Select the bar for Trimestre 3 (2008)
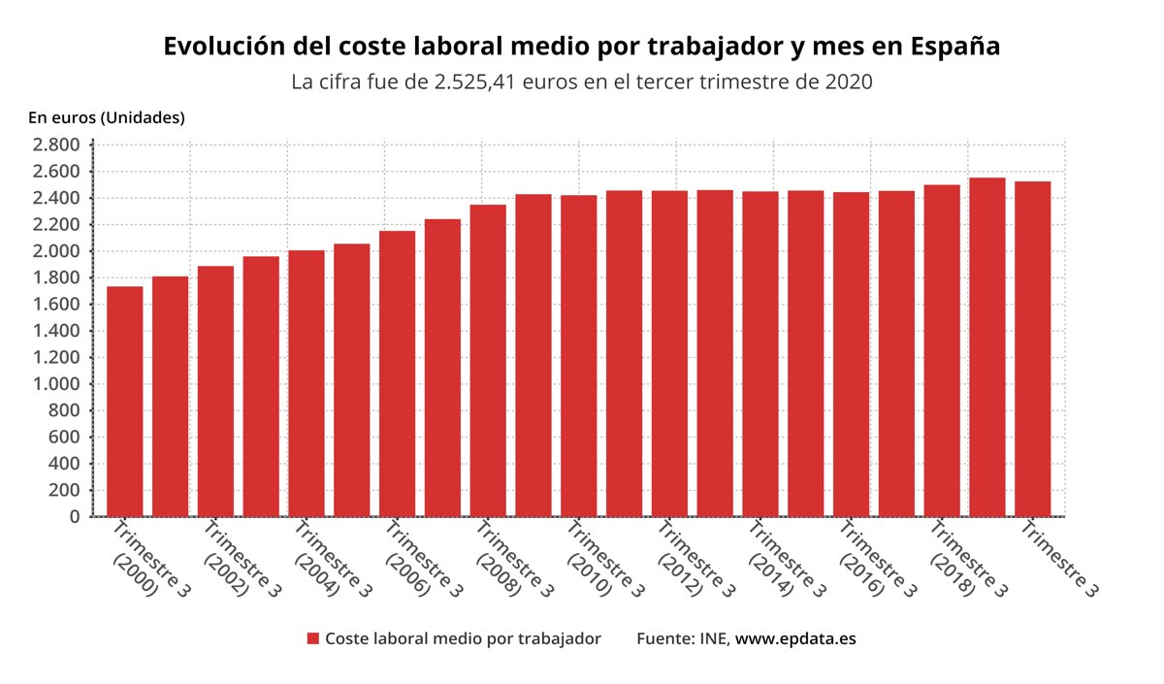488,360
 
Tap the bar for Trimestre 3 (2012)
669,353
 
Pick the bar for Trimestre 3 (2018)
942,350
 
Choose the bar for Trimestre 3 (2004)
307,383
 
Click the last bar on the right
1032,348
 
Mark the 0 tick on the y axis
74,517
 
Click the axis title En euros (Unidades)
107,118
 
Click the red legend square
313,638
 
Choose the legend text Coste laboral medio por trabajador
463,638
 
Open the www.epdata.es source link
795,638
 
